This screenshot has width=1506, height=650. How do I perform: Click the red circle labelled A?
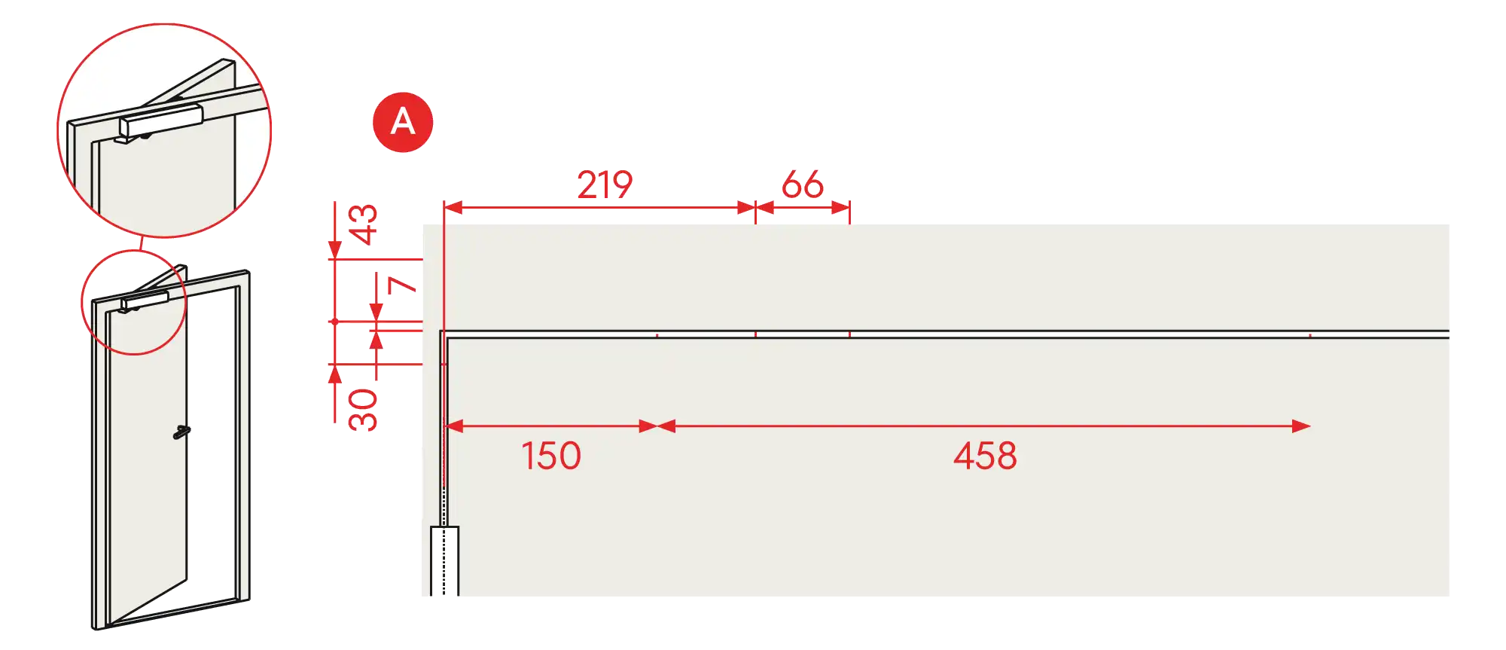pyautogui.click(x=403, y=122)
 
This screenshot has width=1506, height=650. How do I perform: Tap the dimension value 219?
pyautogui.click(x=605, y=185)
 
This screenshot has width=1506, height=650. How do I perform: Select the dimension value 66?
pyautogui.click(x=803, y=185)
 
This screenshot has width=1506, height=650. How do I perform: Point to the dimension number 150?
pyautogui.click(x=551, y=456)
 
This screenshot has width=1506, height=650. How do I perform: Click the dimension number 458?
pyautogui.click(x=985, y=456)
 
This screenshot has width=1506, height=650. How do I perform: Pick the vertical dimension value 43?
pyautogui.click(x=362, y=224)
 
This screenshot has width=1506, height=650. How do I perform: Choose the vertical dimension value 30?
pyautogui.click(x=362, y=410)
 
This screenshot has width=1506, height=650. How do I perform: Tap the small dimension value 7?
pyautogui.click(x=401, y=285)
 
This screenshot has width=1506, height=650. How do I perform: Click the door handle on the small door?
pyautogui.click(x=181, y=432)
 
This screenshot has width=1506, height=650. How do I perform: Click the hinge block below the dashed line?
pyautogui.click(x=444, y=561)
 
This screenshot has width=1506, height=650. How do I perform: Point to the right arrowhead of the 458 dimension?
pyautogui.click(x=1301, y=426)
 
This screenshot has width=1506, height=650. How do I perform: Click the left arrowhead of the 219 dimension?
pyautogui.click(x=453, y=207)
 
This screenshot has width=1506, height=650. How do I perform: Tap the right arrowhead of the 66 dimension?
pyautogui.click(x=840, y=207)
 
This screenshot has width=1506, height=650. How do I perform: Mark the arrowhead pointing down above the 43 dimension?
pyautogui.click(x=335, y=250)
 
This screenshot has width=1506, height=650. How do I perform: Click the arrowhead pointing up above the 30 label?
pyautogui.click(x=335, y=374)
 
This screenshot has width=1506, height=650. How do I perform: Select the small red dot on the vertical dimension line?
pyautogui.click(x=335, y=322)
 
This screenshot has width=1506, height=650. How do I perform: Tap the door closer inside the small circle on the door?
pyautogui.click(x=144, y=301)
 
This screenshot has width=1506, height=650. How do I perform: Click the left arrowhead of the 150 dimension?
pyautogui.click(x=455, y=426)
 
